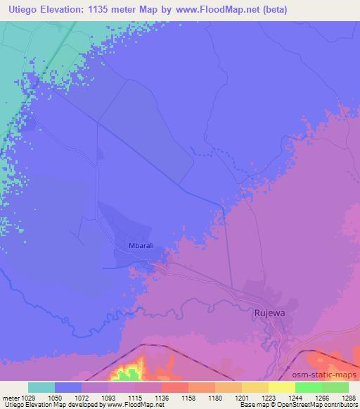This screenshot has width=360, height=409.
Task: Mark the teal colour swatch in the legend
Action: [x=41, y=387]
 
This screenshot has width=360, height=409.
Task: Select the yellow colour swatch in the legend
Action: [x=282, y=387]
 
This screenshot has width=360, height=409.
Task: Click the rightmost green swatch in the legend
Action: [x=335, y=387]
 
